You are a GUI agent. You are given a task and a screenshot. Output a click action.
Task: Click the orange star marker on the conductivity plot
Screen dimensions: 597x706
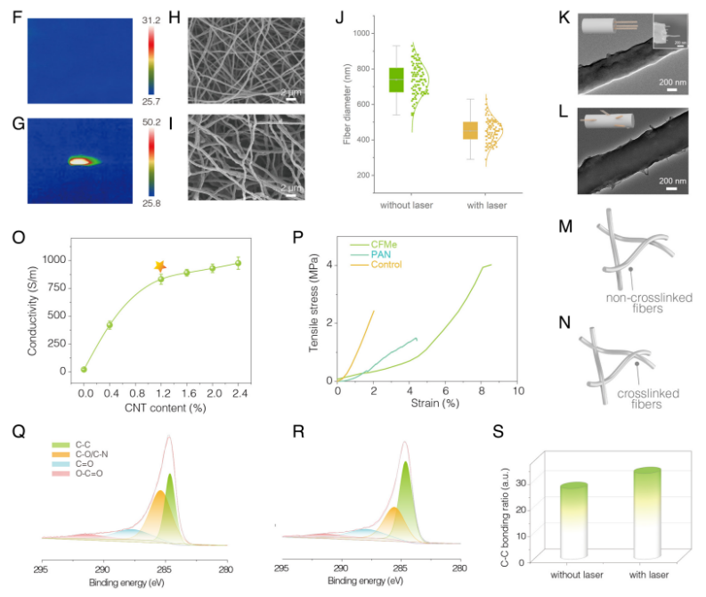(160, 266)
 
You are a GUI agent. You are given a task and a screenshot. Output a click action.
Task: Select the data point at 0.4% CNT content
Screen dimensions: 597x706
(110, 324)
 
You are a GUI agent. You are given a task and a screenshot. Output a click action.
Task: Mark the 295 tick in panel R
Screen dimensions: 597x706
(281, 567)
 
